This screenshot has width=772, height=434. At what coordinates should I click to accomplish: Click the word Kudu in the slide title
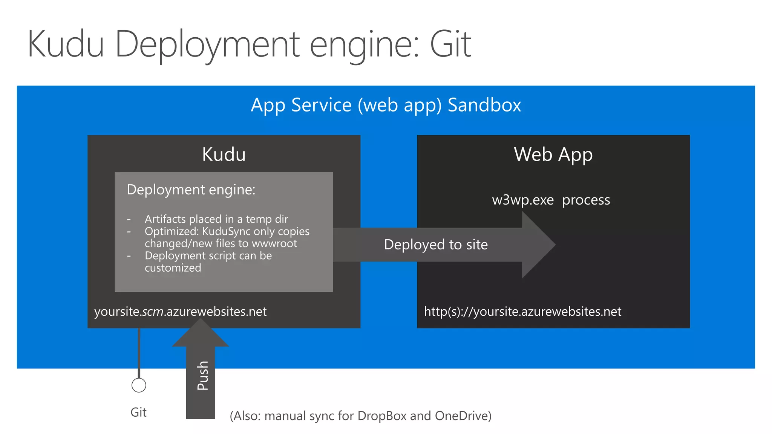66,44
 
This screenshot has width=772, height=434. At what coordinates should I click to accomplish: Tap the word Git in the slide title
450,44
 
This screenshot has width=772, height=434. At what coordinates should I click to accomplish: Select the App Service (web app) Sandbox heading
386,105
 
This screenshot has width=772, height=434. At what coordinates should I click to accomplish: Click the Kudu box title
224,154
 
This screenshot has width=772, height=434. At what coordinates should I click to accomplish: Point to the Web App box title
553,154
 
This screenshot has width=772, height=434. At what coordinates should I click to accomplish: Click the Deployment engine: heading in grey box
191,189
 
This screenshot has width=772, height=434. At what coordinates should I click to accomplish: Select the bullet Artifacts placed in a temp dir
216,219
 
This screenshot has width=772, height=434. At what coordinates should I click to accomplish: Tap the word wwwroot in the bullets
274,243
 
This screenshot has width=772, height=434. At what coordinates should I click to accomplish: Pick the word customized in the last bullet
173,268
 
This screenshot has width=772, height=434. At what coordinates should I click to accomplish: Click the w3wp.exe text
523,200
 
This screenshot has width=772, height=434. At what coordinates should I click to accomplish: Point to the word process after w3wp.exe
586,200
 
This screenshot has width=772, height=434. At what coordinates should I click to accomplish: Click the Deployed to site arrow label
436,245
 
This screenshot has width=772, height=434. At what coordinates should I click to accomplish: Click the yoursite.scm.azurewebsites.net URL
180,312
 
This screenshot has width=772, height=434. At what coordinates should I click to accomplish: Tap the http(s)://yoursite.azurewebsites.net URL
522,312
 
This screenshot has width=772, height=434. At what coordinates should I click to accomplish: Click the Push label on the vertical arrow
202,375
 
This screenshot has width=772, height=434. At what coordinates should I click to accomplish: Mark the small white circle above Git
139,385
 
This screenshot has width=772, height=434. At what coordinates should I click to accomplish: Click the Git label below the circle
138,412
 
